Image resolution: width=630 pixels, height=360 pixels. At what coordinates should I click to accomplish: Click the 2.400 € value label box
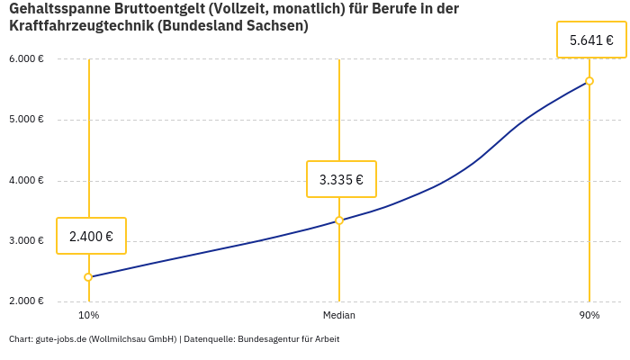click(91, 237)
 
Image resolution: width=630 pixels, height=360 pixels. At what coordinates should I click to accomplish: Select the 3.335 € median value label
click(341, 180)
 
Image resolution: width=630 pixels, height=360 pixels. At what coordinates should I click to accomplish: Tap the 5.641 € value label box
click(591, 40)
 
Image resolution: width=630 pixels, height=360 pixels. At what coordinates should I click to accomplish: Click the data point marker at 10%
click(88, 277)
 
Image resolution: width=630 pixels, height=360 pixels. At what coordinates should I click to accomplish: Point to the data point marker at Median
click(339, 220)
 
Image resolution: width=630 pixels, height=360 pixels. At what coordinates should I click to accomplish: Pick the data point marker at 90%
click(589, 81)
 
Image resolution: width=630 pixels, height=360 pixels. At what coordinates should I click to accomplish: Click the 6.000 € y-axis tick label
click(26, 59)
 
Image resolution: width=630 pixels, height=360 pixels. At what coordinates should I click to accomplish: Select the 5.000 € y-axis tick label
click(26, 120)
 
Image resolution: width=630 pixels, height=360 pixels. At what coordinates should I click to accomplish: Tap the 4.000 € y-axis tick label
click(26, 180)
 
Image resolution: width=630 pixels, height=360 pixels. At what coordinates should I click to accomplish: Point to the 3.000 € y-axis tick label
click(26, 241)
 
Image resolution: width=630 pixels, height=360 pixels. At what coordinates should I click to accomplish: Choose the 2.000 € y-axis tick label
click(26, 301)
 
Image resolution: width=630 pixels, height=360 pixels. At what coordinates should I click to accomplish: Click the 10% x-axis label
click(88, 316)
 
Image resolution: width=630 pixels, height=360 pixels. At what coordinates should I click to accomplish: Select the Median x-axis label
click(339, 316)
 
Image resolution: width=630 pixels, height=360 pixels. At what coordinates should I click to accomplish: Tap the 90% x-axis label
click(589, 316)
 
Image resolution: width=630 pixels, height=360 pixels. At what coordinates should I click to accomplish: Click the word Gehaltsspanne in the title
click(57, 9)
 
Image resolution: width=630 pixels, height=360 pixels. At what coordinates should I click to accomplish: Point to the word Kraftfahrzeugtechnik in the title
click(79, 26)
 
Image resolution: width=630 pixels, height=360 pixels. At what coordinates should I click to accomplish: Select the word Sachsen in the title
click(276, 26)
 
